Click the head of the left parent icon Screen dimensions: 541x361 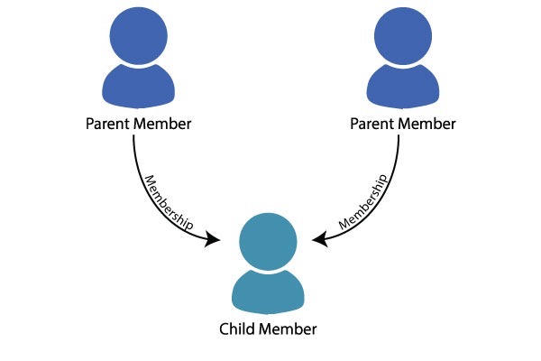pos(139,35)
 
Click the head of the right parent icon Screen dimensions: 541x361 pos(403,35)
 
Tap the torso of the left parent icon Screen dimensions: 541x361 pos(138,87)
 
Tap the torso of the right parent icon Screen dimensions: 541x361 pos(403,87)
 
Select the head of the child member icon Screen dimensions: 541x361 pos(268,242)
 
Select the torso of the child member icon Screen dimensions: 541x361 pos(268,292)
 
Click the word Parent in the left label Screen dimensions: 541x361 pos(108,124)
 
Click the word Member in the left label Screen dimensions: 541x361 pos(162,124)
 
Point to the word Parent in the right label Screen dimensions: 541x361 pos(372,124)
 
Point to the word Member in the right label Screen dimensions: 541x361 pos(426,124)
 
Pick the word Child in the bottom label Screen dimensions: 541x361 pos(237,329)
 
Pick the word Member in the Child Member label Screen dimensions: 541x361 pos(288,329)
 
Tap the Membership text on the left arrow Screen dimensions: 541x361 pos(169,203)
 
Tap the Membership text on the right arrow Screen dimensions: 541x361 pos(363,202)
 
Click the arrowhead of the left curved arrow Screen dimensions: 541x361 pos(212,239)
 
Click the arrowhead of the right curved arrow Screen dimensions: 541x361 pos(320,239)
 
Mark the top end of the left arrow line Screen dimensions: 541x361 pos(133,135)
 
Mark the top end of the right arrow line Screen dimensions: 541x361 pos(399,135)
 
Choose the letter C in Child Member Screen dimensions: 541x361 pos(224,329)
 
